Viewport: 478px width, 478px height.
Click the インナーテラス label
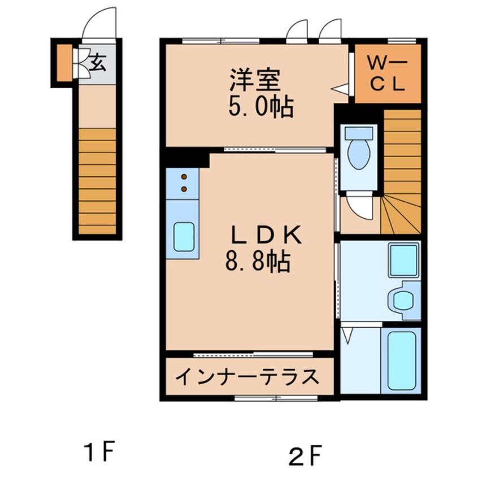(247, 376)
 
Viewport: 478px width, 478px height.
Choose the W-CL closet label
(388, 75)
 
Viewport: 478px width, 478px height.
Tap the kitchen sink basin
(184, 237)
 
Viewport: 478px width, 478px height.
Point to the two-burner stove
(183, 183)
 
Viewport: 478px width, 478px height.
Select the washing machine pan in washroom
(403, 259)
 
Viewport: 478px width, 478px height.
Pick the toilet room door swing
(360, 207)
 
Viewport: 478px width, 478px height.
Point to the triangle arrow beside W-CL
(339, 89)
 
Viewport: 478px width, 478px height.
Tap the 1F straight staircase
(97, 181)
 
